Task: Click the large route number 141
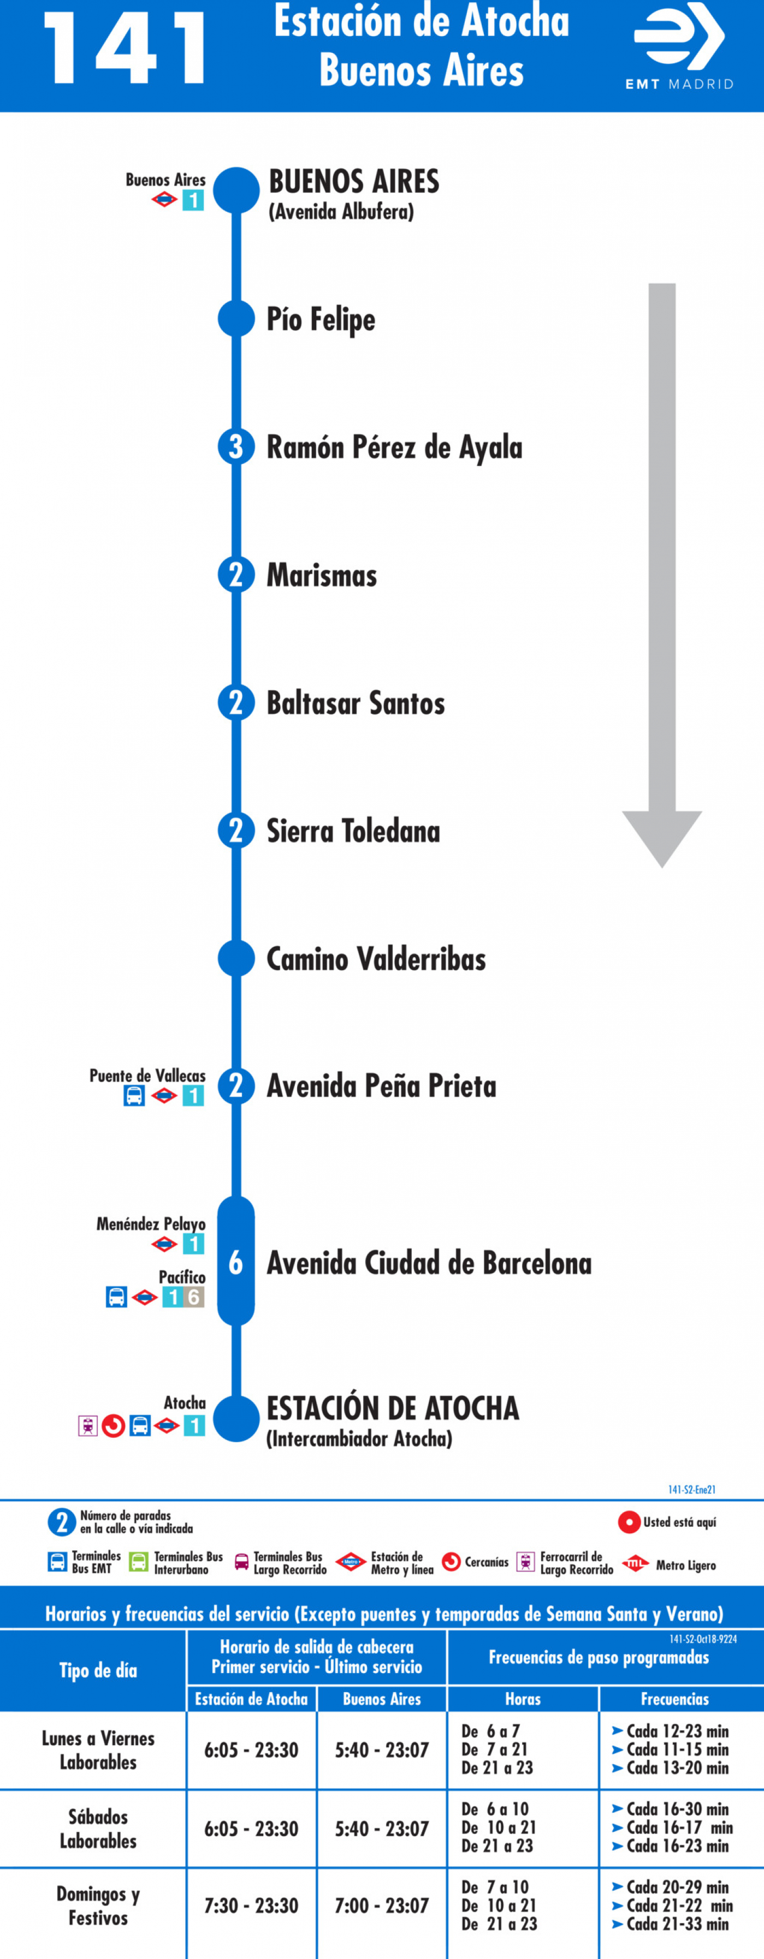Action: click(126, 49)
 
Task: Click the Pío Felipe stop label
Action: click(321, 319)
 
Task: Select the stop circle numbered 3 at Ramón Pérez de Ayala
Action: click(236, 446)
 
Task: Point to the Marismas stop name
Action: click(322, 576)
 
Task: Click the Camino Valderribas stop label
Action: click(376, 959)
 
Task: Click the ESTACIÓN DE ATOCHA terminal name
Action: click(393, 1408)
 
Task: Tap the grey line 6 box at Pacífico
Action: click(194, 1298)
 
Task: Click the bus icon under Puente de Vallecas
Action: click(134, 1096)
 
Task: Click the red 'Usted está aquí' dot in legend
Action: click(629, 1522)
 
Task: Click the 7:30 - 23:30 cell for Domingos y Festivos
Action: click(251, 1906)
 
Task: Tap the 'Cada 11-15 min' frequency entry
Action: click(671, 1749)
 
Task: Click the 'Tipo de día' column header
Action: click(98, 1670)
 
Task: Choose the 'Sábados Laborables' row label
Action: click(98, 1828)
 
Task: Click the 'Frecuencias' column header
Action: click(675, 1699)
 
